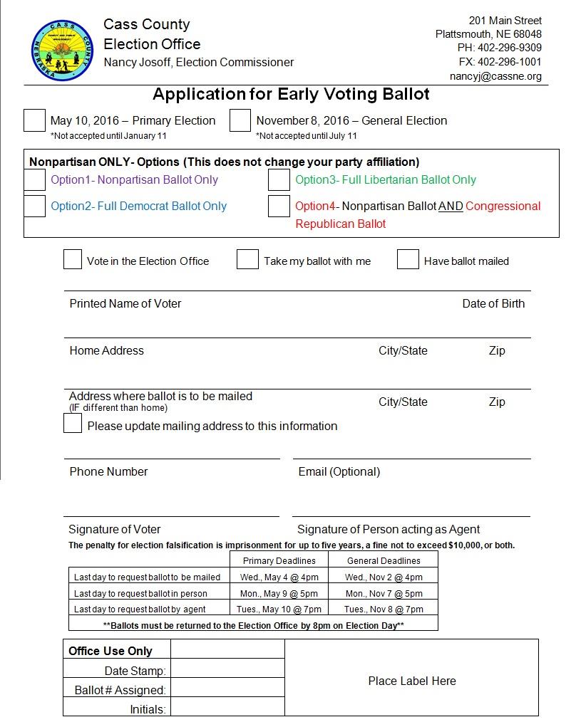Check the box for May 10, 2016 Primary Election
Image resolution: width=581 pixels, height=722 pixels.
[34, 120]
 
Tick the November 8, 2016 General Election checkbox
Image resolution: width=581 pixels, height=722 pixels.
[240, 120]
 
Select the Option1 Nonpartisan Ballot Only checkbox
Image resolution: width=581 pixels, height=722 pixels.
[34, 180]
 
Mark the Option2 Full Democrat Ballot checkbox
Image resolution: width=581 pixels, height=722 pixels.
[34, 206]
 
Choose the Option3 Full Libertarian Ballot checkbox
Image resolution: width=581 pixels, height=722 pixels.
[279, 180]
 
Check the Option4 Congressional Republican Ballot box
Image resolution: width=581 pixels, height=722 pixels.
[279, 206]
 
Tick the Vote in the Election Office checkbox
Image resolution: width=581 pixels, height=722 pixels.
[73, 260]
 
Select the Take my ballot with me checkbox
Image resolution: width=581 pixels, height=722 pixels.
[247, 260]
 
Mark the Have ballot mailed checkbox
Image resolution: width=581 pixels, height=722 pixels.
[408, 260]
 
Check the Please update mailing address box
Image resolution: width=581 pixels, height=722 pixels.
[73, 424]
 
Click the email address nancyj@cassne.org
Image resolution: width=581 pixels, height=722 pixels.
[495, 76]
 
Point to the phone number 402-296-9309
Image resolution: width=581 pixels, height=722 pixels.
[509, 48]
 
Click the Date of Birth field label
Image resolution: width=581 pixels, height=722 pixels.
[493, 303]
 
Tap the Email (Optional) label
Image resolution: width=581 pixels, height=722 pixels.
[339, 471]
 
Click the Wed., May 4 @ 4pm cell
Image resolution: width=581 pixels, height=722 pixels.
[279, 577]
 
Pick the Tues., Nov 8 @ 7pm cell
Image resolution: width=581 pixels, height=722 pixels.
[384, 609]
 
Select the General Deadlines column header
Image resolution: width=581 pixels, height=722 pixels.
[384, 560]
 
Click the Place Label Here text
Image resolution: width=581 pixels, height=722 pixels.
[411, 681]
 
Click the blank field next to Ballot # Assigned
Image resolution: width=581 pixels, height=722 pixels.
[227, 690]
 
